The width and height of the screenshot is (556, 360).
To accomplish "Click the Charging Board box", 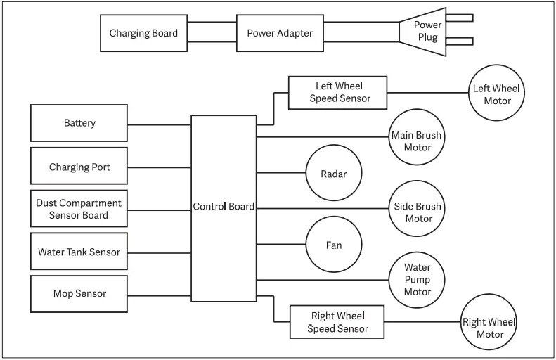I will pyautogui.click(x=143, y=33).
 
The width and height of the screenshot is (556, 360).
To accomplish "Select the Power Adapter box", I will pyautogui.click(x=280, y=33).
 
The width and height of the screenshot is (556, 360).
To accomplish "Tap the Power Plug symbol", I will pyautogui.click(x=426, y=32).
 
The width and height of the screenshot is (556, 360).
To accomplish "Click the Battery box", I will pyautogui.click(x=79, y=123).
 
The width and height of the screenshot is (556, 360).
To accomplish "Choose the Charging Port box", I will pyautogui.click(x=79, y=167).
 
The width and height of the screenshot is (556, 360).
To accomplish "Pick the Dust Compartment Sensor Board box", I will pyautogui.click(x=79, y=209).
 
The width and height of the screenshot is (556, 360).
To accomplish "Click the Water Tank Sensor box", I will pyautogui.click(x=79, y=252).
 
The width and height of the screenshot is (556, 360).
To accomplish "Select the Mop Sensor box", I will pyautogui.click(x=79, y=293).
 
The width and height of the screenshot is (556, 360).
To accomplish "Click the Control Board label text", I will pyautogui.click(x=224, y=207).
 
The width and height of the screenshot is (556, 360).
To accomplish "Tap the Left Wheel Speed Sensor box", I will pyautogui.click(x=338, y=92).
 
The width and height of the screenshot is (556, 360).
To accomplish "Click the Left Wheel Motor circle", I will pyautogui.click(x=497, y=94).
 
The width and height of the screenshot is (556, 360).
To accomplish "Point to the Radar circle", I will pyautogui.click(x=333, y=174).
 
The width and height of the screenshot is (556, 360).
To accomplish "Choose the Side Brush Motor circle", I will pyautogui.click(x=418, y=212).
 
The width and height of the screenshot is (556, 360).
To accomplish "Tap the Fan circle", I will pyautogui.click(x=333, y=245).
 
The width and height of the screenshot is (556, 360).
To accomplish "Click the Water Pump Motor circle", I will pyautogui.click(x=418, y=279).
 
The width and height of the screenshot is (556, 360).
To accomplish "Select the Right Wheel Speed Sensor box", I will pyautogui.click(x=338, y=322).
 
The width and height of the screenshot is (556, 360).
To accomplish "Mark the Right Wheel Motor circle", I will pyautogui.click(x=489, y=322).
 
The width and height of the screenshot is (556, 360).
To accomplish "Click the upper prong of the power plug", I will pyautogui.click(x=460, y=18).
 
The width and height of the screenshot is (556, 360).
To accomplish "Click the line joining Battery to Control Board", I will pyautogui.click(x=160, y=125).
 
